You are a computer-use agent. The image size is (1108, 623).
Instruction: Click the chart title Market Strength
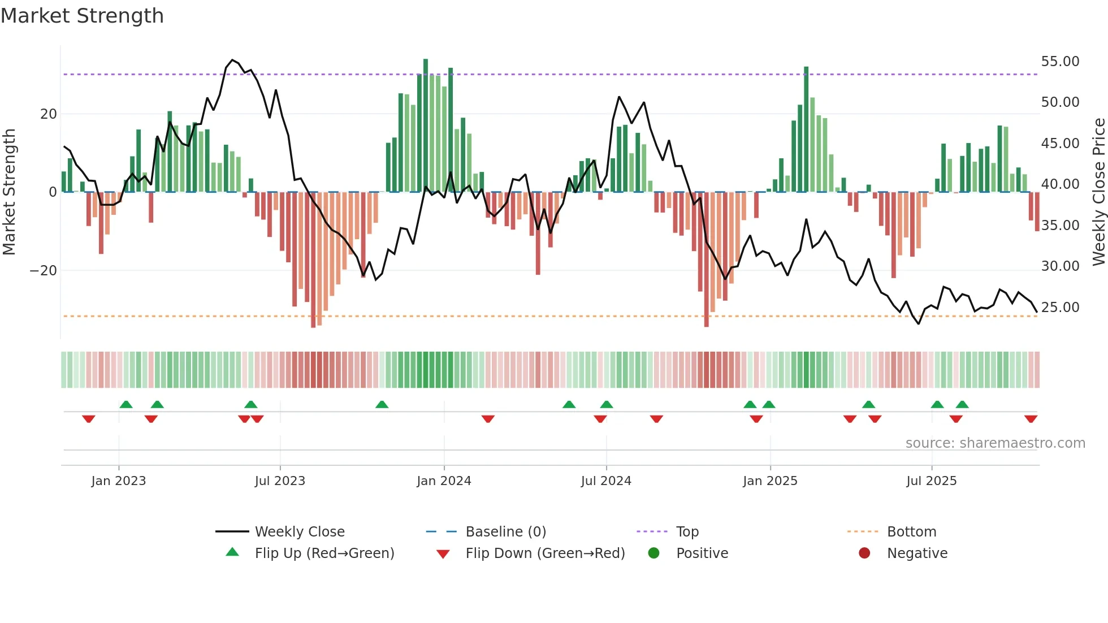point(82,16)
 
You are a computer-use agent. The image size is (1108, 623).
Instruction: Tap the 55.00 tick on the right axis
point(1060,61)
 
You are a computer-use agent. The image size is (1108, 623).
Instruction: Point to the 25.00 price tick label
point(1060,307)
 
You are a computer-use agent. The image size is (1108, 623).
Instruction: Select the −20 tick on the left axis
point(43,270)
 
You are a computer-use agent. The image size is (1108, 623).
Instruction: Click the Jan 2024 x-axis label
point(444,481)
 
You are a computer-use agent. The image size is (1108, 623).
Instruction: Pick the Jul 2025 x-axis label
point(931,481)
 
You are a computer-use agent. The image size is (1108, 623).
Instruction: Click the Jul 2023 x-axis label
point(280,481)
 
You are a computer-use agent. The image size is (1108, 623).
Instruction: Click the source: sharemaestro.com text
point(995,443)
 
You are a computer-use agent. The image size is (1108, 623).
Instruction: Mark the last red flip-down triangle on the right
point(1031,419)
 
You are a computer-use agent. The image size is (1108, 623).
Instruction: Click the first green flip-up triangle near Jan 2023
point(126,404)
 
